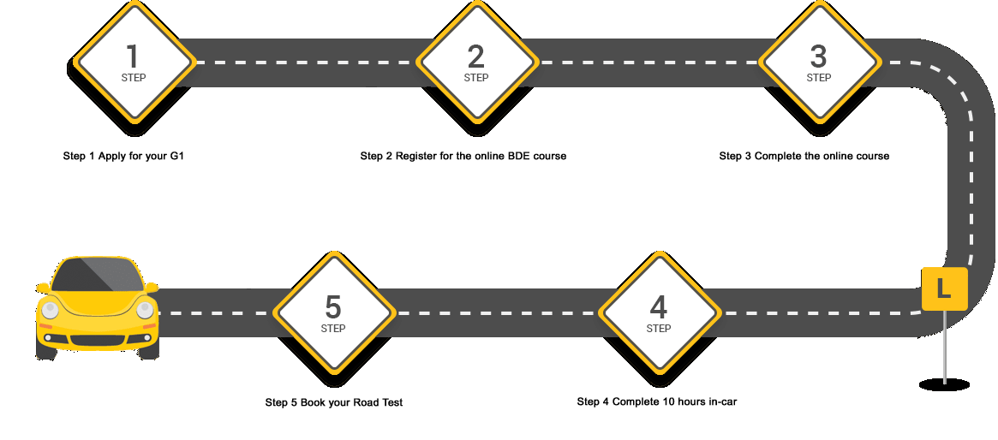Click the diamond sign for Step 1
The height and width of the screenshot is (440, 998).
(x=133, y=62)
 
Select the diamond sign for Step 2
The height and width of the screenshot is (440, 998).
(x=476, y=62)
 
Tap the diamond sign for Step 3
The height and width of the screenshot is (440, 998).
(x=819, y=62)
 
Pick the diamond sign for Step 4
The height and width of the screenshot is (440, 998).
(x=659, y=312)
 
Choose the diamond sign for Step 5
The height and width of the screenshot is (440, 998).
(x=333, y=312)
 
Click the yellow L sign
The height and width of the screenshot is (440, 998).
(x=944, y=289)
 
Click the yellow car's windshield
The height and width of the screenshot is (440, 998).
(x=97, y=276)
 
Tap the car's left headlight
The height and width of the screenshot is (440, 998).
(x=50, y=310)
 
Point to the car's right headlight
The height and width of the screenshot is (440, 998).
(x=145, y=310)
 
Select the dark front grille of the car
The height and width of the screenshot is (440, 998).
(x=97, y=339)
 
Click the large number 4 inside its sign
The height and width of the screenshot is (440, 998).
(x=659, y=306)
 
